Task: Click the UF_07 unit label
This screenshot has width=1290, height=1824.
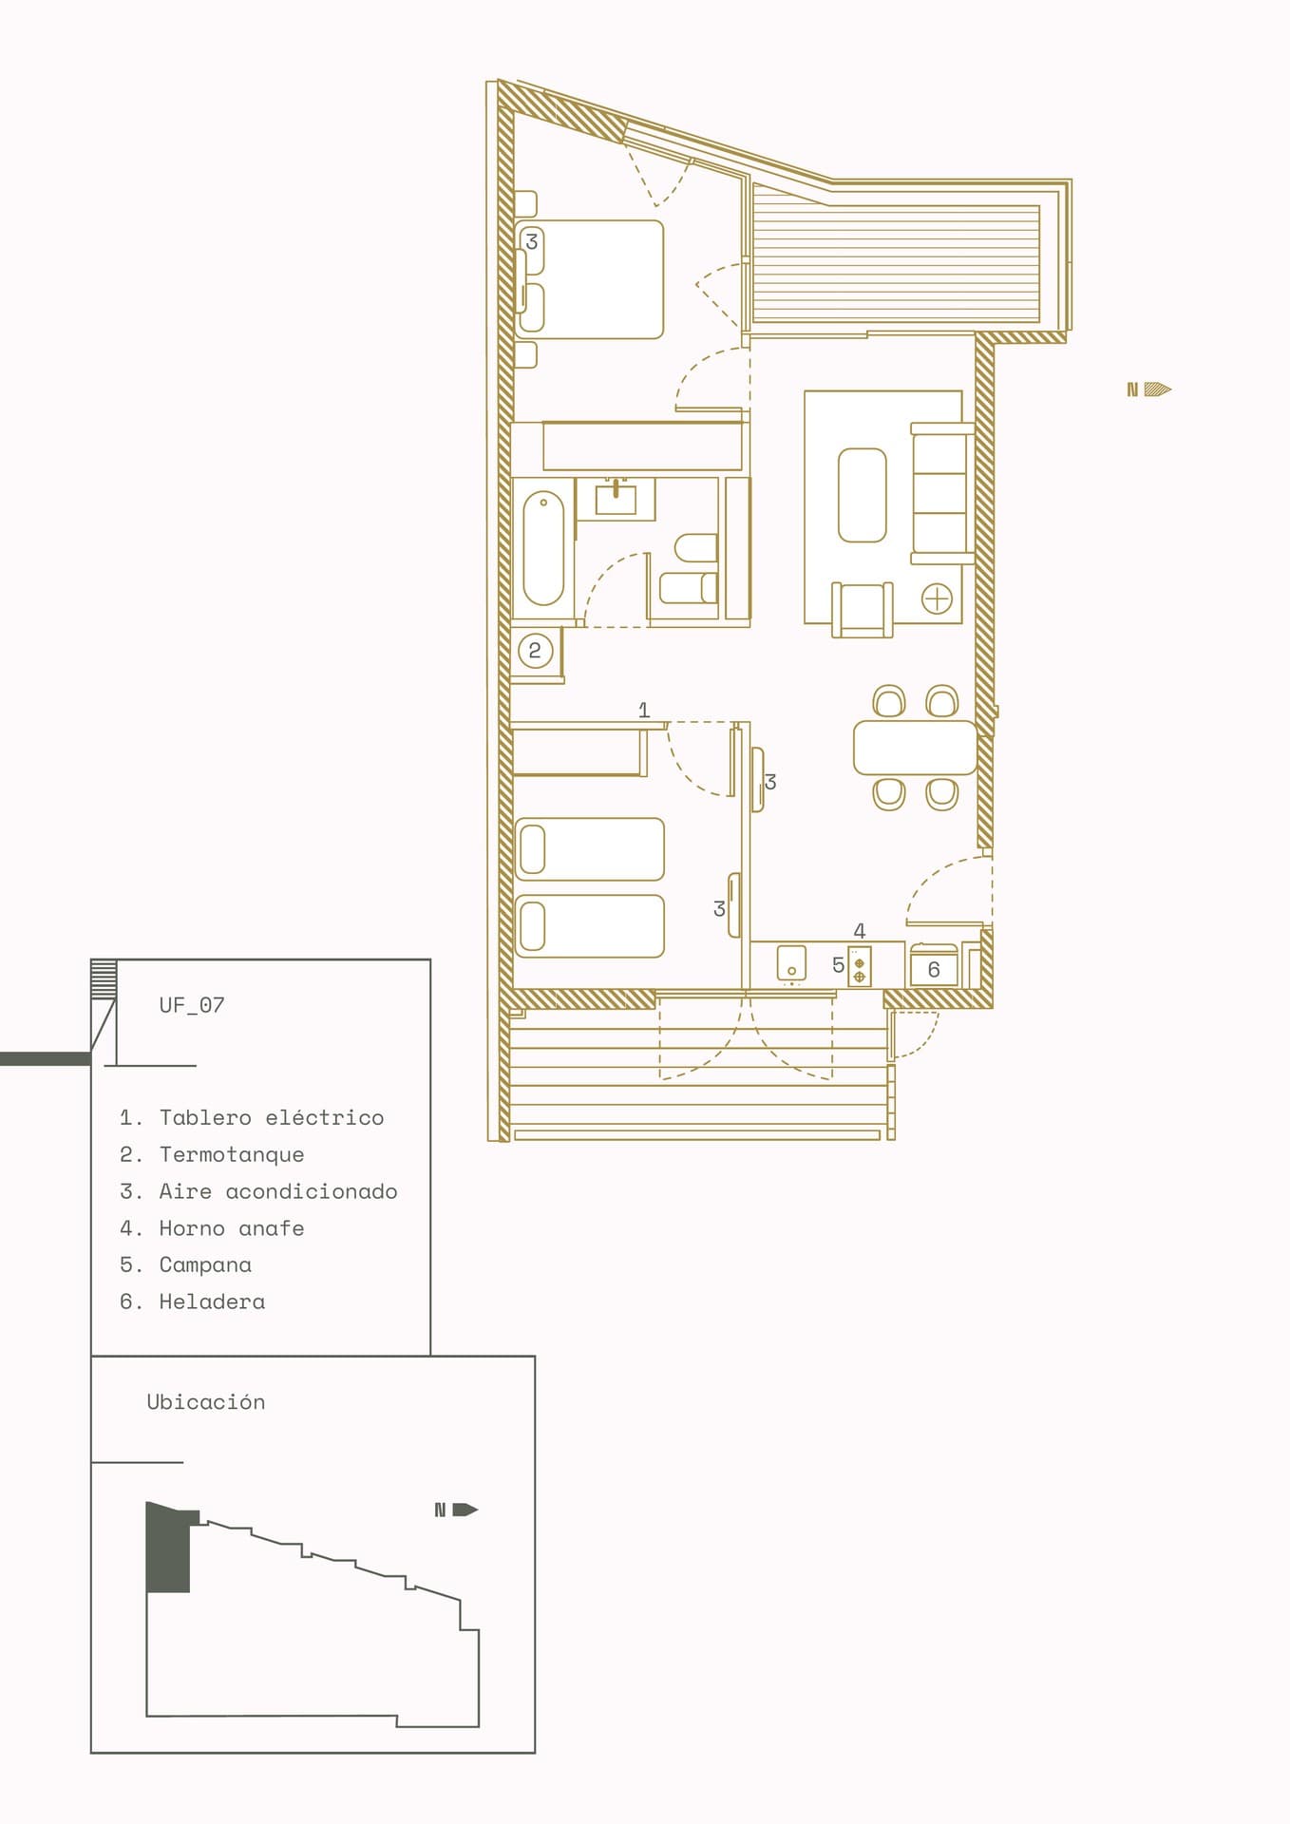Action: coord(192,1005)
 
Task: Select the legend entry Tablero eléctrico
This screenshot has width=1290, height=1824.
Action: coord(252,1117)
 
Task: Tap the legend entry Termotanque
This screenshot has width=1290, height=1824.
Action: coord(212,1154)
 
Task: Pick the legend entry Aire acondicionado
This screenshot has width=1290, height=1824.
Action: coord(258,1191)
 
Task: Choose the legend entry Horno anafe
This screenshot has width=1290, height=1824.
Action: coord(212,1228)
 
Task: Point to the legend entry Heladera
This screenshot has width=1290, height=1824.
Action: coord(193,1301)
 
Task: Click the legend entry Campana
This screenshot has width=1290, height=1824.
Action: coord(186,1264)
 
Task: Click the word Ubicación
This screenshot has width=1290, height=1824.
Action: coord(206,1402)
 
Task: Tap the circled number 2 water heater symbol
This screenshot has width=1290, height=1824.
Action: coord(535,651)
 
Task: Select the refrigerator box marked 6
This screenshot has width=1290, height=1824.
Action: coord(934,969)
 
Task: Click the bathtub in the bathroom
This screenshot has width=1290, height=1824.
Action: coord(543,548)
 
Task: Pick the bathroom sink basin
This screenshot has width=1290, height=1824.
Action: coord(616,498)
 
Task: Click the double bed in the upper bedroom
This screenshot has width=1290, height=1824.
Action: coord(589,279)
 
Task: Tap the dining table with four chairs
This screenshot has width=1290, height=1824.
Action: coord(915,748)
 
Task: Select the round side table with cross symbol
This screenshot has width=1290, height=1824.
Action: coord(937,599)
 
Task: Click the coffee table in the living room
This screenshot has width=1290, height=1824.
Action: coord(863,495)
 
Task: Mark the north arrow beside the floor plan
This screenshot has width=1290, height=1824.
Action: coord(1149,389)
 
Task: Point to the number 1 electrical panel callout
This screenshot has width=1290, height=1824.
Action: coord(644,710)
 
